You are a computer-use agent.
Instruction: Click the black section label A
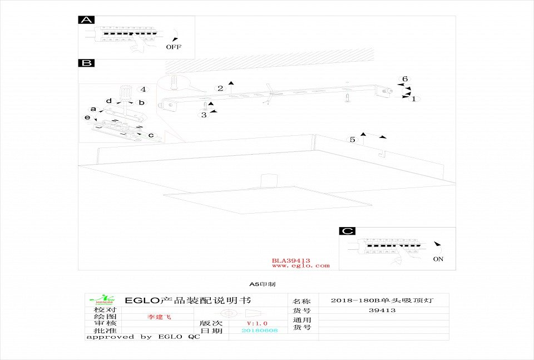click(x=86, y=20)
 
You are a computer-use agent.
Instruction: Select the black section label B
click(x=86, y=63)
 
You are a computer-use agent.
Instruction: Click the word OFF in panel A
click(x=174, y=47)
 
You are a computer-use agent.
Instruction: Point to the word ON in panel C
click(x=438, y=259)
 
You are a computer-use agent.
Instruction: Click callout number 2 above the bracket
click(x=221, y=88)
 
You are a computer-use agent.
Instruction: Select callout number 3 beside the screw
click(x=204, y=115)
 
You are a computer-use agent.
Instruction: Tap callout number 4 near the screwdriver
click(x=143, y=89)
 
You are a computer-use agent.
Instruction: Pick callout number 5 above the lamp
click(x=352, y=139)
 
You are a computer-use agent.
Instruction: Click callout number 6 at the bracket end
click(x=406, y=79)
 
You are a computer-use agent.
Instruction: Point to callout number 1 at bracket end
click(x=413, y=99)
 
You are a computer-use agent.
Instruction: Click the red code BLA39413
click(x=291, y=260)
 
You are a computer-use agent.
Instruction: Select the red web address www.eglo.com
click(x=300, y=266)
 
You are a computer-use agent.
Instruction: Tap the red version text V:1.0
click(x=257, y=323)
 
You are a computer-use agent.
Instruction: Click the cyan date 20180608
click(x=260, y=331)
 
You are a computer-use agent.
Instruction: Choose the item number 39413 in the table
click(x=382, y=310)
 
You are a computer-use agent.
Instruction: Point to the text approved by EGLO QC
click(x=143, y=337)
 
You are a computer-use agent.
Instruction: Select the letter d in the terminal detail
click(x=109, y=101)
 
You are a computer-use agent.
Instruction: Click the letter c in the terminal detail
click(x=150, y=135)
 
